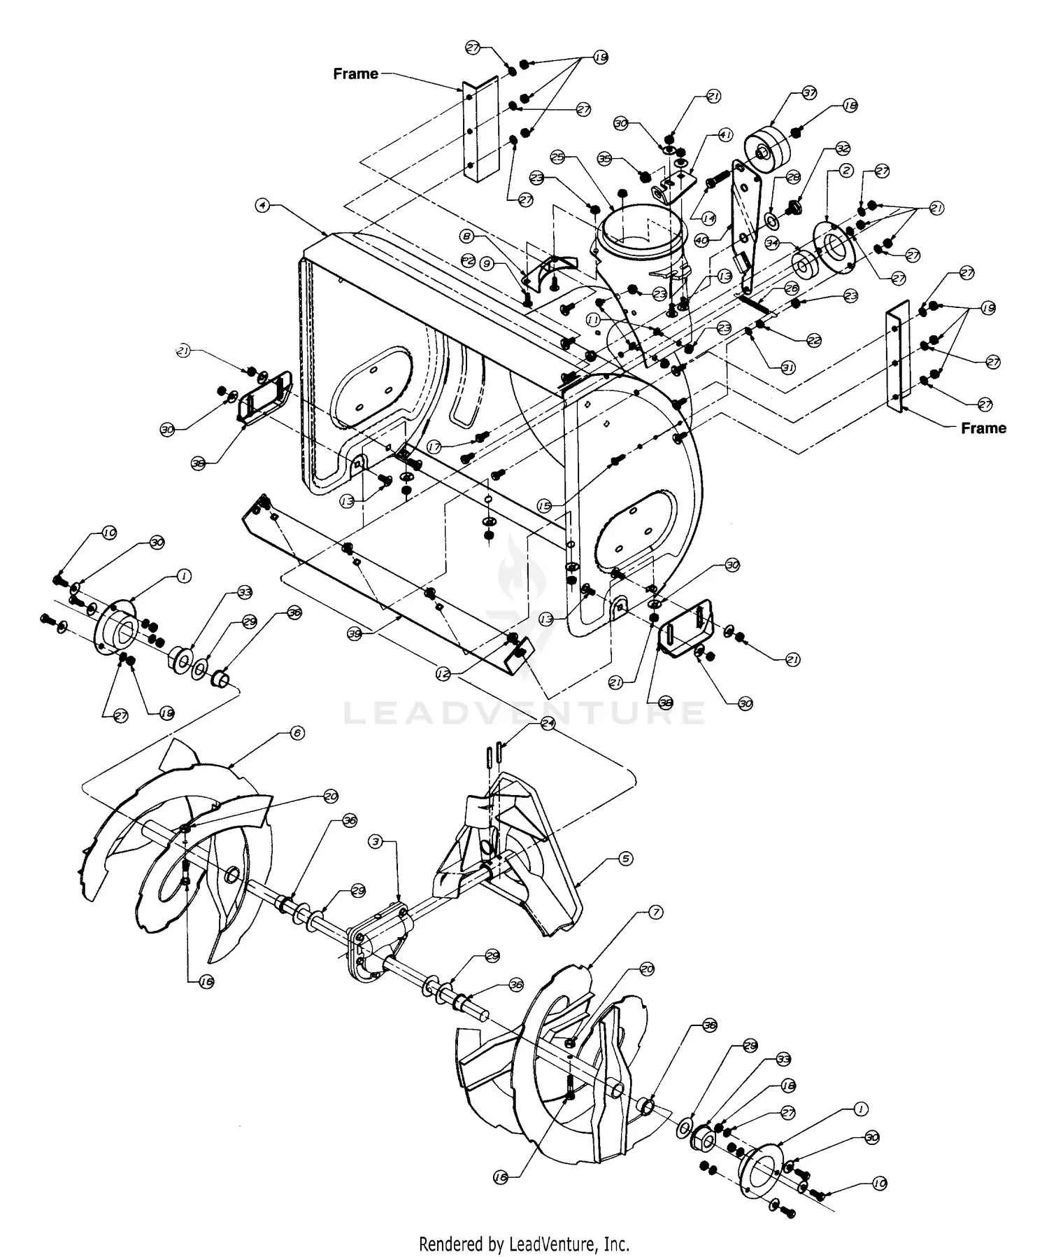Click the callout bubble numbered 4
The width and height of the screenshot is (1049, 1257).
[x=262, y=205]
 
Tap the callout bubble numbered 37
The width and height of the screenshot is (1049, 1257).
[x=809, y=94]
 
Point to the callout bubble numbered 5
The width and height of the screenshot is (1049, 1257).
[x=626, y=859]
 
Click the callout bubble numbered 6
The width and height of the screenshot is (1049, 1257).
[x=297, y=733]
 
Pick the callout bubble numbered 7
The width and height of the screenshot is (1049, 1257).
[x=655, y=913]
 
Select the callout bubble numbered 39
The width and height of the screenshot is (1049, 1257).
[x=355, y=633]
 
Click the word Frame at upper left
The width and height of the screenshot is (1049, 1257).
[x=355, y=73]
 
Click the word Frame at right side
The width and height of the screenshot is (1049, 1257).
[x=983, y=428]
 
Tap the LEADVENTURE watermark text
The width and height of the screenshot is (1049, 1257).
[x=524, y=712]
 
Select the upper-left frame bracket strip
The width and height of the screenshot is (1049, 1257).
[x=480, y=129]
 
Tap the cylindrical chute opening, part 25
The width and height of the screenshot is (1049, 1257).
[x=640, y=234]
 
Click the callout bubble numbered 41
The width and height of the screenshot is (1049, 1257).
[x=726, y=135]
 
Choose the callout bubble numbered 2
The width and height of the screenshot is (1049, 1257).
[x=846, y=170]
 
